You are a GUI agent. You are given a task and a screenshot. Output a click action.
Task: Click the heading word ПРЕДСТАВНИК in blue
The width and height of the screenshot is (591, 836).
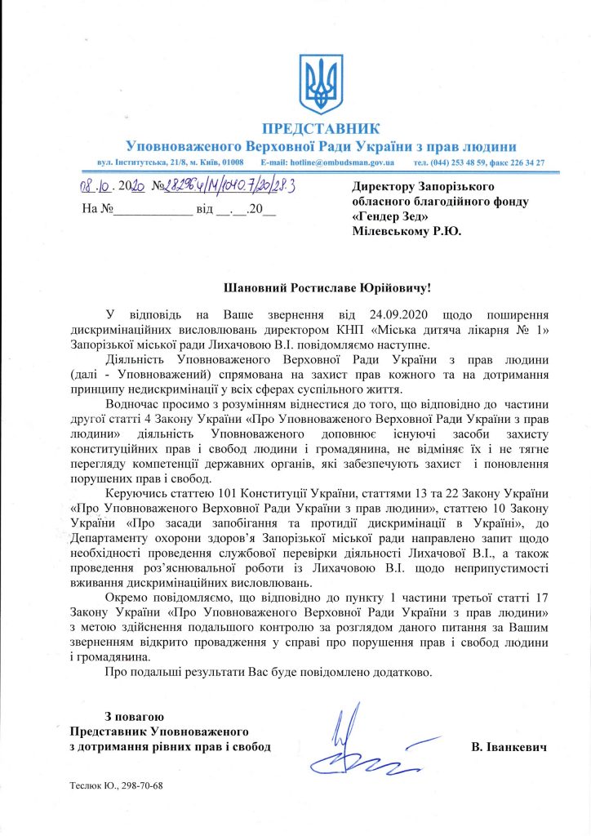[321, 129]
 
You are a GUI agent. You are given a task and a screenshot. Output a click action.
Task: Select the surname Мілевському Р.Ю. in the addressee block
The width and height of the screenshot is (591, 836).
[406, 231]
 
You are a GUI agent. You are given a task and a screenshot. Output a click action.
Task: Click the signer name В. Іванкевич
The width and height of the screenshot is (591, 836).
[508, 747]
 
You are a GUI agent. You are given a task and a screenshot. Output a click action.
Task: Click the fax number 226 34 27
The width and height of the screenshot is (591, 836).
[526, 163]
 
